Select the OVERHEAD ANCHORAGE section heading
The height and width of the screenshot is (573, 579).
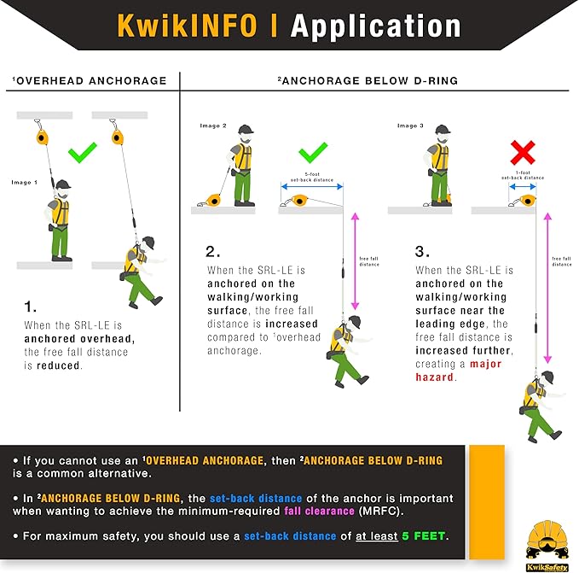(90, 81)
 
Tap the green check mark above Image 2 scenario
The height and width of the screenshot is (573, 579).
(314, 154)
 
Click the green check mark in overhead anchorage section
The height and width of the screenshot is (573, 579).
(83, 152)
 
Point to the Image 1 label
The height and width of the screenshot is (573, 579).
(24, 182)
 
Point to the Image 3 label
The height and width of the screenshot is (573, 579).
(408, 126)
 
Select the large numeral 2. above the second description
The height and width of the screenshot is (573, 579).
(214, 252)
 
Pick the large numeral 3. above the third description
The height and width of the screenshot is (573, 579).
(422, 252)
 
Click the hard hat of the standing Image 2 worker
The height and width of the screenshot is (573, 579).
(245, 131)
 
